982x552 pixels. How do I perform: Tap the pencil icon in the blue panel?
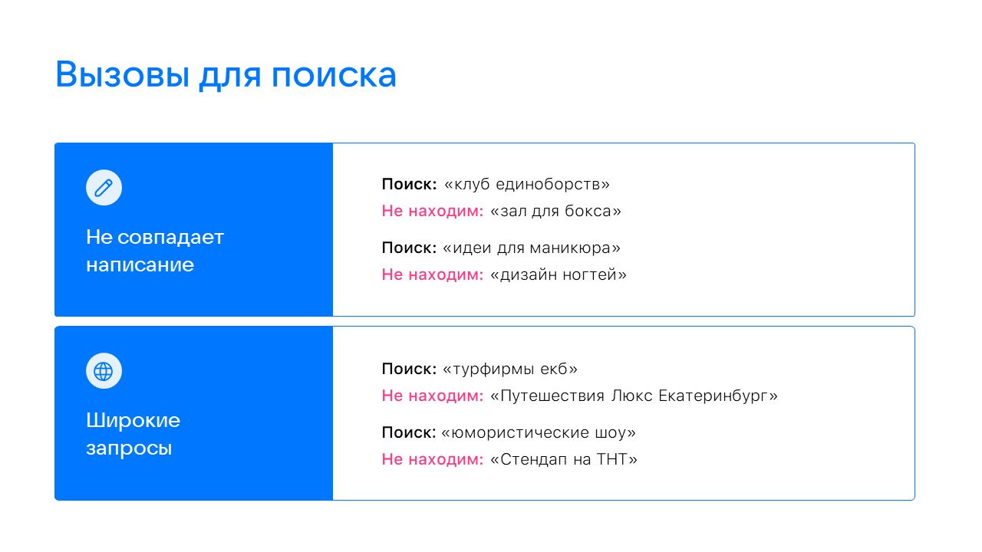pyautogui.click(x=104, y=188)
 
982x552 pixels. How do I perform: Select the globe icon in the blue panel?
pyautogui.click(x=104, y=371)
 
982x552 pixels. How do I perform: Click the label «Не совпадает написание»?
pyautogui.click(x=154, y=251)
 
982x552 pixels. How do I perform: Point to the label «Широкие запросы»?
pyautogui.click(x=133, y=434)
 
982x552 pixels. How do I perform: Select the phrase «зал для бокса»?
pyautogui.click(x=555, y=211)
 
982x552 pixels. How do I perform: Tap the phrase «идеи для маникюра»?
pyautogui.click(x=532, y=248)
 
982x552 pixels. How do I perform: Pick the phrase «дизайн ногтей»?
pyautogui.click(x=558, y=274)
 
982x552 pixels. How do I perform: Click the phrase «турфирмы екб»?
pyautogui.click(x=510, y=369)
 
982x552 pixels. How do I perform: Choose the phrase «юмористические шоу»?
pyautogui.click(x=539, y=432)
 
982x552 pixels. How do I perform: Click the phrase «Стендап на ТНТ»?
pyautogui.click(x=563, y=459)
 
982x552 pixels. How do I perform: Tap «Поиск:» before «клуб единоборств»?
pyautogui.click(x=409, y=185)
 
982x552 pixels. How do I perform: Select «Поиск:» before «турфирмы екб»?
pyautogui.click(x=409, y=369)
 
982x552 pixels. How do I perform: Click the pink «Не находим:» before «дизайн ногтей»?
pyautogui.click(x=433, y=274)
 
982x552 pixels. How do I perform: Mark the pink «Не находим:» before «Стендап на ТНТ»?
pyautogui.click(x=433, y=459)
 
